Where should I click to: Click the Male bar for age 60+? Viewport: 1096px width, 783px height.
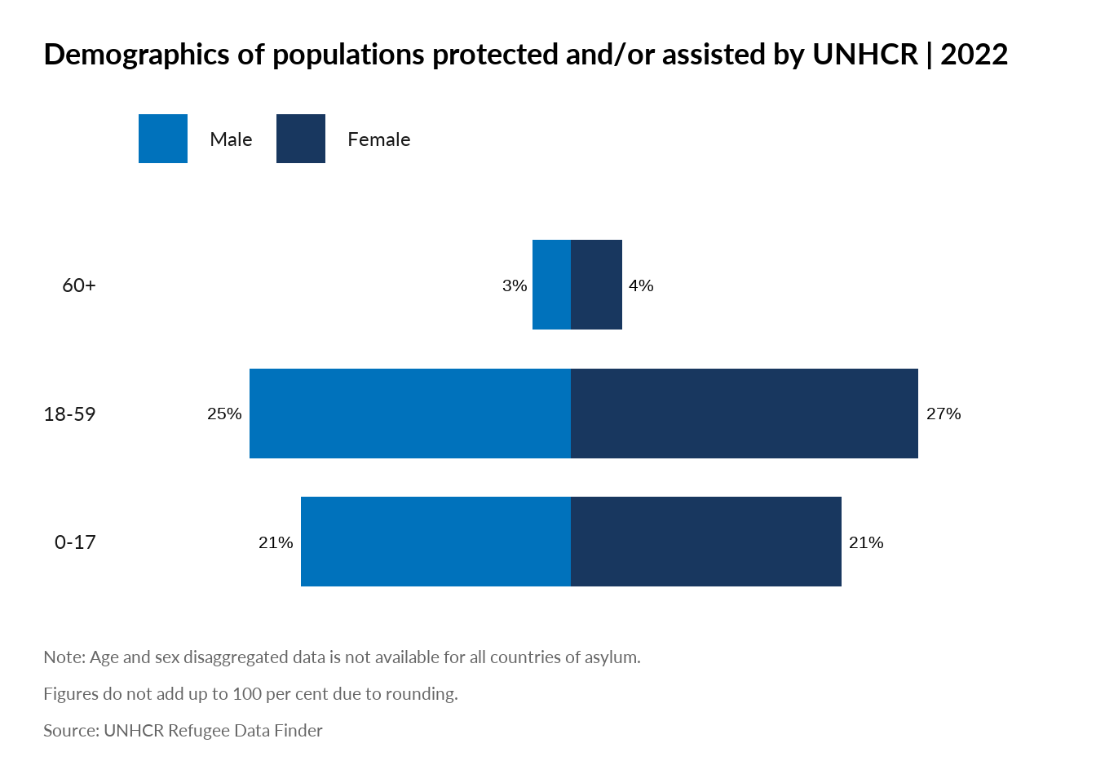pyautogui.click(x=551, y=285)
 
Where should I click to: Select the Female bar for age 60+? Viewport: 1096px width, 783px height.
pyautogui.click(x=596, y=285)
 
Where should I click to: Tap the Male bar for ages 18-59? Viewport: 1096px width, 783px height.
pyautogui.click(x=410, y=414)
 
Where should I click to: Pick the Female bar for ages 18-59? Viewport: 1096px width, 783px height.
pyautogui.click(x=745, y=414)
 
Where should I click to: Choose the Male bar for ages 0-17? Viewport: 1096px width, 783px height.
pyautogui.click(x=435, y=542)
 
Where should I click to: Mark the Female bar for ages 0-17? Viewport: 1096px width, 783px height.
pyautogui.click(x=706, y=542)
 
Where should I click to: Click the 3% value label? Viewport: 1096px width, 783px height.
pyautogui.click(x=515, y=285)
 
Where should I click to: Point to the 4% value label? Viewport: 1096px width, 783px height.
pyautogui.click(x=641, y=285)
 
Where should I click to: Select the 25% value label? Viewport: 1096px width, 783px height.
pyautogui.click(x=224, y=414)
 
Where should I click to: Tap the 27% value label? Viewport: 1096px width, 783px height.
pyautogui.click(x=944, y=414)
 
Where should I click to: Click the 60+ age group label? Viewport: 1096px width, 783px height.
pyautogui.click(x=79, y=285)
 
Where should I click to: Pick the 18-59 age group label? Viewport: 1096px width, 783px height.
pyautogui.click(x=69, y=414)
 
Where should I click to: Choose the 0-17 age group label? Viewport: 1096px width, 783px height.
pyautogui.click(x=75, y=542)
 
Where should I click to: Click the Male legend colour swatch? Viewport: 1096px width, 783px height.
pyautogui.click(x=163, y=139)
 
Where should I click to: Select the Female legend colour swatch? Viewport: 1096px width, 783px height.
pyautogui.click(x=301, y=139)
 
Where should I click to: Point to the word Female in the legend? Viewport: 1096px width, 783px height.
pyautogui.click(x=378, y=139)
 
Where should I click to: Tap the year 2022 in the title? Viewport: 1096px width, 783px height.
pyautogui.click(x=974, y=55)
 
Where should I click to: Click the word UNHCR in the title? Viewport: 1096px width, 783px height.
pyautogui.click(x=865, y=55)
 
